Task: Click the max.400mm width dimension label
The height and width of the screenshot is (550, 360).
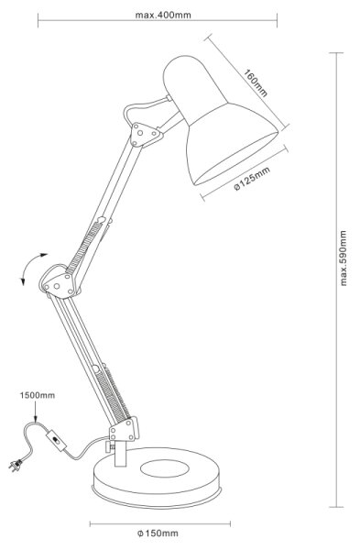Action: click(163, 15)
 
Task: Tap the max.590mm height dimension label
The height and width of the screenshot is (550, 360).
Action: click(343, 258)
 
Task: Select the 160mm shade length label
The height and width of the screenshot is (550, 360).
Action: click(256, 83)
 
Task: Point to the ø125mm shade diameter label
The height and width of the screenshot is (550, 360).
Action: click(252, 179)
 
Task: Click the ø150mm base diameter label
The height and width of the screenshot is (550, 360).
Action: click(158, 533)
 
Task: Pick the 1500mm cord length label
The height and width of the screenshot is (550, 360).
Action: click(38, 395)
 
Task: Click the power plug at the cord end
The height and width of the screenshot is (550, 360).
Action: click(16, 466)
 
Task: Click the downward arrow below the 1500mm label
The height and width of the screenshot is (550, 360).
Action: click(36, 412)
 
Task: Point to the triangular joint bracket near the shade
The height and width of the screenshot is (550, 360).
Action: click(146, 134)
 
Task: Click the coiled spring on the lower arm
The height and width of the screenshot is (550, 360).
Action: click(113, 394)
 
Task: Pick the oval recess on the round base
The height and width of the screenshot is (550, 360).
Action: click(165, 467)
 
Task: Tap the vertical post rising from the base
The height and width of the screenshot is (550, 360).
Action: click(120, 454)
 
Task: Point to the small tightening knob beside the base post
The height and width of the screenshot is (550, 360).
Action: click(109, 448)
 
